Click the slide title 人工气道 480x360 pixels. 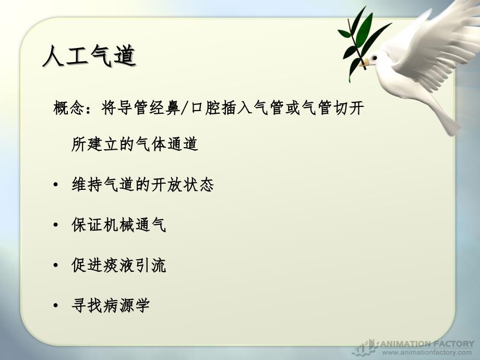pyautogui.click(x=89, y=56)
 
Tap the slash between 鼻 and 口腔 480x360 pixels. pyautogui.click(x=185, y=108)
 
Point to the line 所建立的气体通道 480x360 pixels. pyautogui.click(x=135, y=144)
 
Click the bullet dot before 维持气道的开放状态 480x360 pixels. pyautogui.click(x=55, y=185)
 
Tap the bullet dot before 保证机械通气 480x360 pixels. pyautogui.click(x=55, y=225)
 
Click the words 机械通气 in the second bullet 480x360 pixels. pyautogui.click(x=135, y=225)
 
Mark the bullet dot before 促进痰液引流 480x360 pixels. pyautogui.click(x=55, y=265)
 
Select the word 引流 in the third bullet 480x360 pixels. pyautogui.click(x=151, y=265)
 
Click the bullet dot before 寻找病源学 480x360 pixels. pyautogui.click(x=55, y=306)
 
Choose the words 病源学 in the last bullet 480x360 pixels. pyautogui.click(x=126, y=305)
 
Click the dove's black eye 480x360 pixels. pyautogui.click(x=375, y=57)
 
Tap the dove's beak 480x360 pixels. pyautogui.click(x=364, y=63)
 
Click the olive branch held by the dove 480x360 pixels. pyautogui.click(x=358, y=43)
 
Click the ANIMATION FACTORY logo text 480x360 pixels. pyautogui.click(x=427, y=344)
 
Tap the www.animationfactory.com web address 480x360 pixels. pyautogui.click(x=427, y=353)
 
